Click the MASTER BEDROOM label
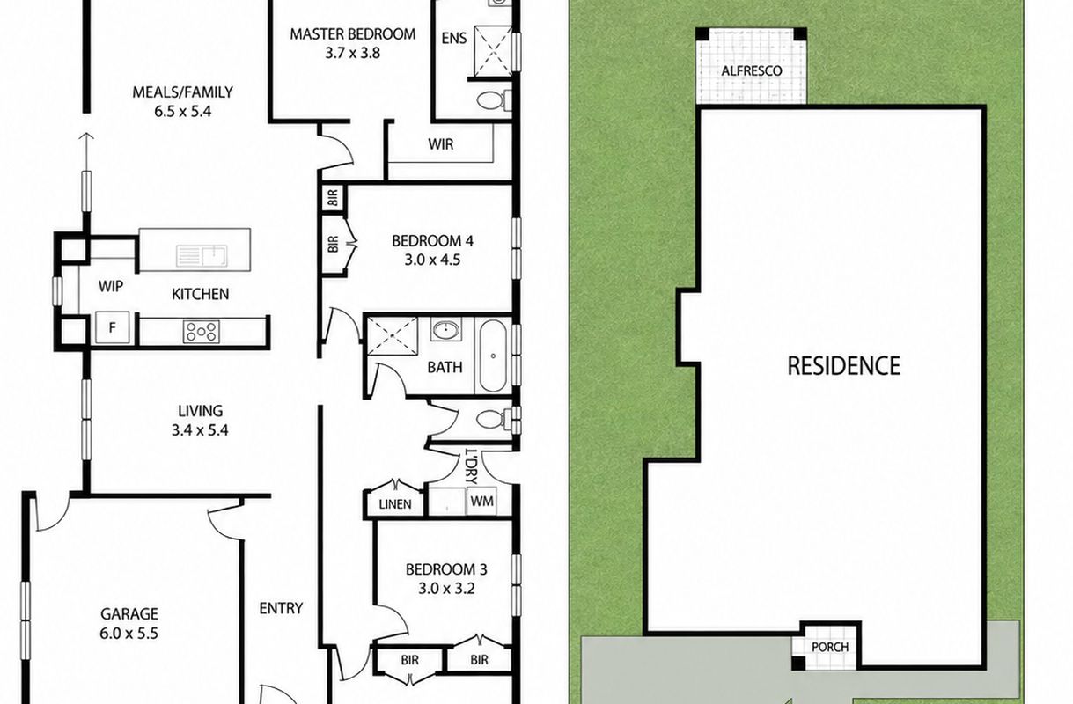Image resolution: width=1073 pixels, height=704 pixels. tap(353, 34)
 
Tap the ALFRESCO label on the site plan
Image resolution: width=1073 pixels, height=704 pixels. tap(752, 71)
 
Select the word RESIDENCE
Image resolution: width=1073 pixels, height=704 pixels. tap(844, 366)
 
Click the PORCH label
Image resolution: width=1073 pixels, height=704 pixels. tap(830, 647)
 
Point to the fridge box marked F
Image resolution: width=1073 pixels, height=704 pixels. tap(112, 327)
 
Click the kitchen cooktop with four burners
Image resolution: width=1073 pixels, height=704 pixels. tap(202, 332)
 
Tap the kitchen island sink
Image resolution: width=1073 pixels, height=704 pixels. tap(202, 256)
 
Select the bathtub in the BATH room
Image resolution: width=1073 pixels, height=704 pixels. tap(493, 356)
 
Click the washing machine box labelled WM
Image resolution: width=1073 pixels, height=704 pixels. tap(481, 502)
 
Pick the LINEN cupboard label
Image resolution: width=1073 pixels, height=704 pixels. tap(395, 504)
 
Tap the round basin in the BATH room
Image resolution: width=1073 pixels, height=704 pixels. tap(446, 329)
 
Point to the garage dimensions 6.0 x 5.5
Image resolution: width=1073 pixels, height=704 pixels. tap(129, 634)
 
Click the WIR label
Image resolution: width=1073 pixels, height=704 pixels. tap(441, 144)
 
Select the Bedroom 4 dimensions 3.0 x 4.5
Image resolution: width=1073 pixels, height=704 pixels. tap(432, 260)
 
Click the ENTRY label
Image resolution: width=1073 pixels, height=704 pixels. tap(281, 608)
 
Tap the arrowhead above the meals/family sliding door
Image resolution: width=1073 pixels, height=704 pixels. tap(86, 136)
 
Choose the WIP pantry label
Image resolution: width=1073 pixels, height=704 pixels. tap(111, 286)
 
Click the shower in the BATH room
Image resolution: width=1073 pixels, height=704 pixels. tap(393, 336)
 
